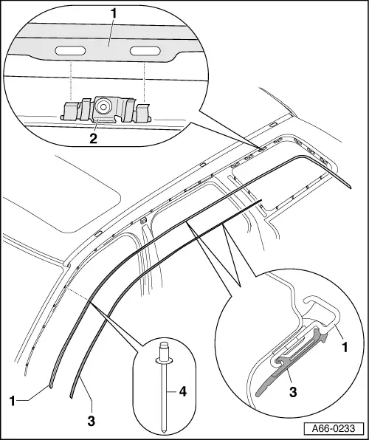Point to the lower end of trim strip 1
coord(52,382)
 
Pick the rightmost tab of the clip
coord(142,112)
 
